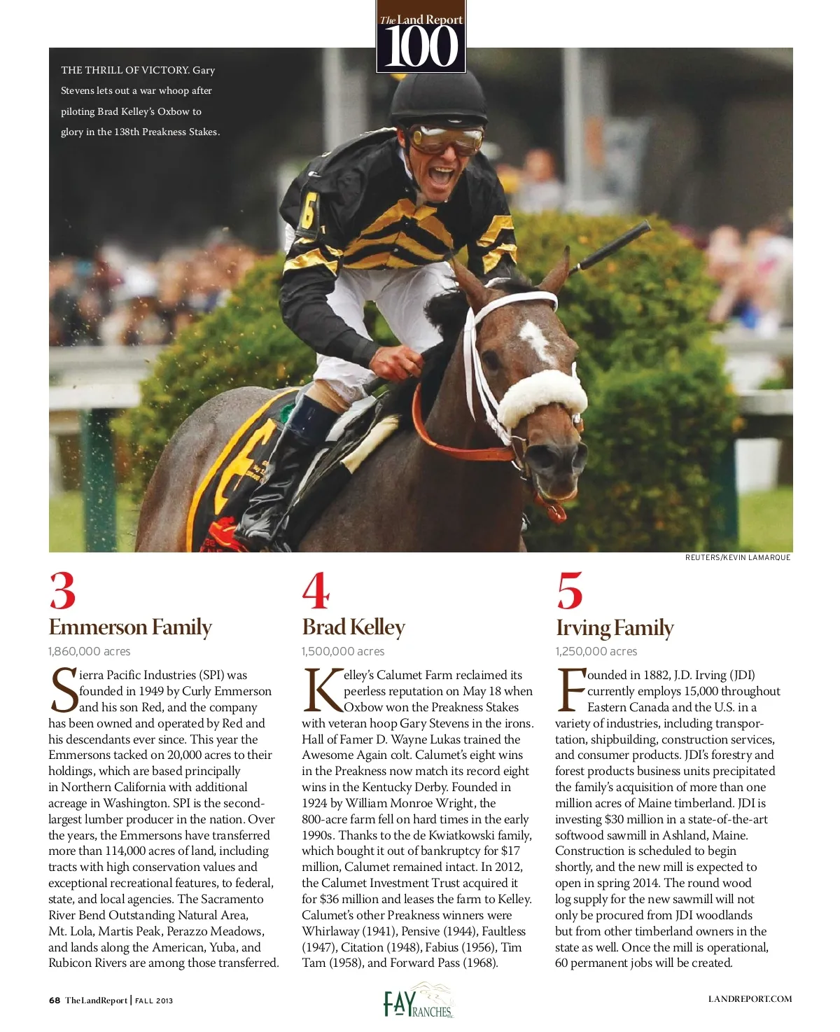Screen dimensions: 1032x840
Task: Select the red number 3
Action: (x=62, y=592)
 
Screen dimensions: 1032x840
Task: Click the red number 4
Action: (x=316, y=592)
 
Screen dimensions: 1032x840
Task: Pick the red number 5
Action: (x=569, y=592)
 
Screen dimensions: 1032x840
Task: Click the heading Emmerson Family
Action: (x=130, y=627)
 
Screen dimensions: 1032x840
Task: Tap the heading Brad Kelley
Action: (x=353, y=627)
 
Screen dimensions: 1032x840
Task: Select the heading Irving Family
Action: (x=615, y=628)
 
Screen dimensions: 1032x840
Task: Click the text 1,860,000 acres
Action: (x=90, y=652)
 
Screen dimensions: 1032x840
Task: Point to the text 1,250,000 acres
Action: (x=596, y=652)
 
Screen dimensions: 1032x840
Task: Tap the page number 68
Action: (x=55, y=1000)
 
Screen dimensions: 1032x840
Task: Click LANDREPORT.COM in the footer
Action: (x=750, y=999)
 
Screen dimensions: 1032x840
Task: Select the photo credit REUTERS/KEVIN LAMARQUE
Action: (x=738, y=557)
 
